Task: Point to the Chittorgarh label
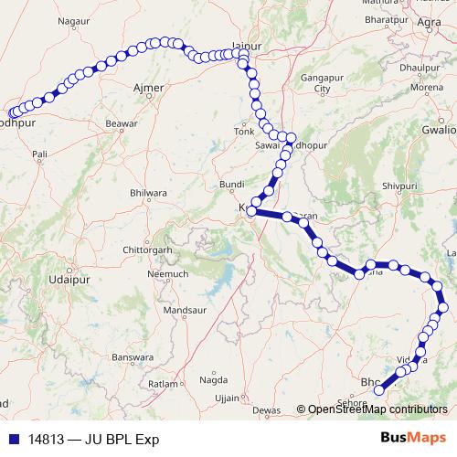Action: pyautogui.click(x=147, y=250)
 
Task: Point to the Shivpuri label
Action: pyautogui.click(x=399, y=186)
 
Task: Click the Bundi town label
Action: pyautogui.click(x=232, y=185)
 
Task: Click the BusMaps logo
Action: pyautogui.click(x=413, y=438)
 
